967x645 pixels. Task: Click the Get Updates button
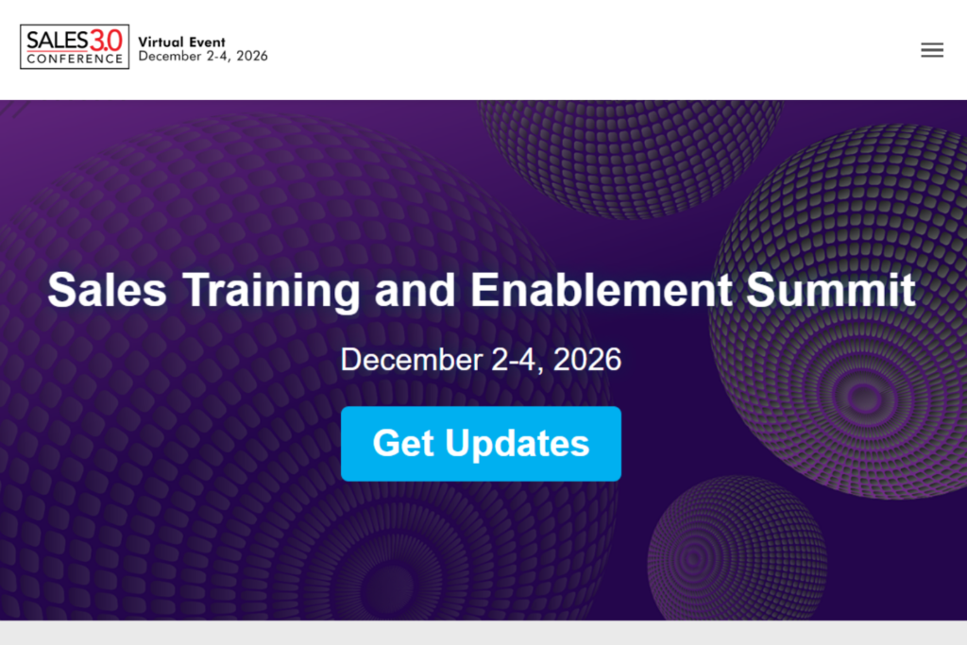(x=481, y=443)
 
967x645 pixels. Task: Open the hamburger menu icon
(x=932, y=50)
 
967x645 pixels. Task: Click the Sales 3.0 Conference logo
(x=75, y=47)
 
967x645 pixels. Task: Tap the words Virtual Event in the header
(x=181, y=42)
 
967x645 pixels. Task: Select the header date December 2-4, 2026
(x=203, y=57)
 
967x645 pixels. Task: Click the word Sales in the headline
(x=107, y=289)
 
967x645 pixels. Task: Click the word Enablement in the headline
(x=602, y=289)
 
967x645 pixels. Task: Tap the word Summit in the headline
(x=831, y=289)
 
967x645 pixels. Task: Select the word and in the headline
(x=416, y=289)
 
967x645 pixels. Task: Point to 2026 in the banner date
(x=586, y=360)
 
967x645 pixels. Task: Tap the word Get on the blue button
(x=403, y=443)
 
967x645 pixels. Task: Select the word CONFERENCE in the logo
(x=75, y=59)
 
